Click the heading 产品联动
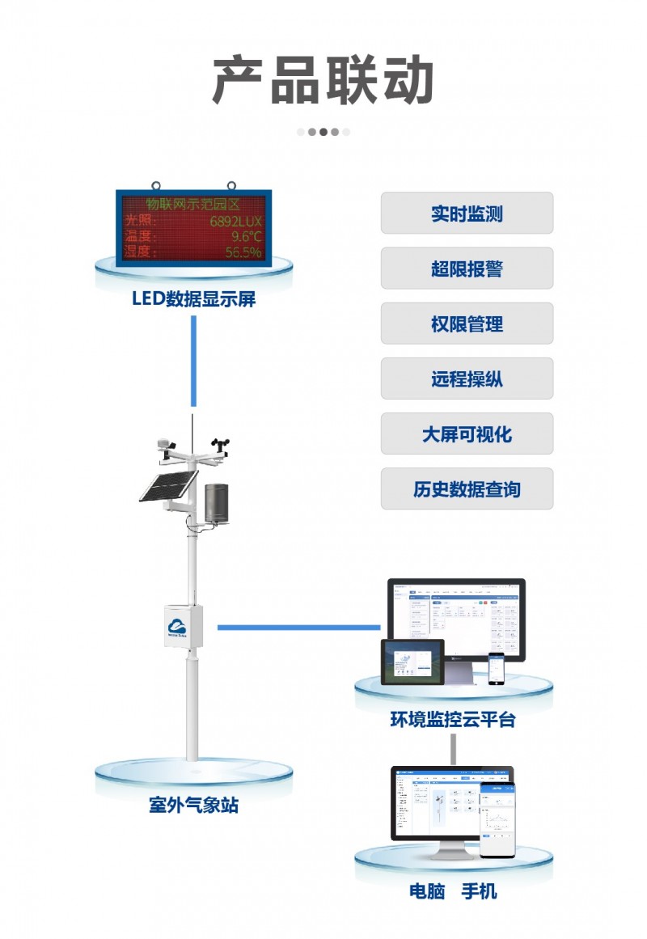coord(323,81)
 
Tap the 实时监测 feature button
coord(467,214)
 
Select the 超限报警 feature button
coord(467,269)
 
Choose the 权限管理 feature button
coord(467,324)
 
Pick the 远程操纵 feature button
coord(467,379)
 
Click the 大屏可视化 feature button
coord(467,434)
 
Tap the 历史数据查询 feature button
coord(467,489)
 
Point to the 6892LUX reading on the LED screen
coord(236,220)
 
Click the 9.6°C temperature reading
coord(246,236)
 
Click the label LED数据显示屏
coord(193,299)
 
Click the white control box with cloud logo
coord(184,624)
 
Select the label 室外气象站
coord(193,806)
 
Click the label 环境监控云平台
coord(453,719)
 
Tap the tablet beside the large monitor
coord(412,662)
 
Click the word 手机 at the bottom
coord(479,892)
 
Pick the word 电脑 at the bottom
coord(427,892)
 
